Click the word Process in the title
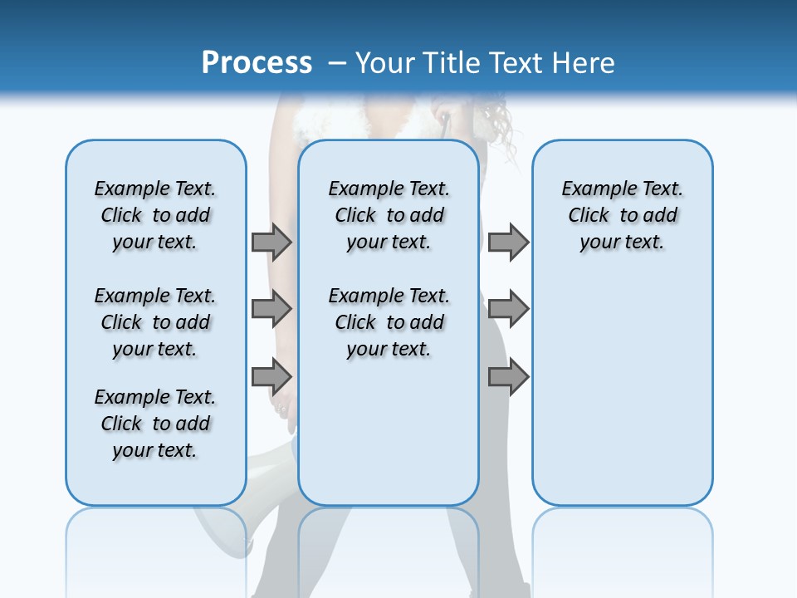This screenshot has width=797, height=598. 257,63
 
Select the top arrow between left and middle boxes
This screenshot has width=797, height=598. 271,242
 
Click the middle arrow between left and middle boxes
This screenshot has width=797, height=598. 271,309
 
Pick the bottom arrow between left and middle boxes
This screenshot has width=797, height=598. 271,377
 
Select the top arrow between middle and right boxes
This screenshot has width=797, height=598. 508,242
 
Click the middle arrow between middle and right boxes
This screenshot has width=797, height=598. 508,309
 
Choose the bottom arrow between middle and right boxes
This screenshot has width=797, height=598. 508,377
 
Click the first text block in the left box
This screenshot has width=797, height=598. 155,215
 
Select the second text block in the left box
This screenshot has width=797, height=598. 155,322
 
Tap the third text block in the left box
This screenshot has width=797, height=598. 155,424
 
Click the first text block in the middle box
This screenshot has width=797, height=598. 389,215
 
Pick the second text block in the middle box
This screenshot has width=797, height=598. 389,322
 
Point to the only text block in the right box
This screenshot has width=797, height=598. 622,215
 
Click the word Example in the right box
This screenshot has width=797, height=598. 591,189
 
